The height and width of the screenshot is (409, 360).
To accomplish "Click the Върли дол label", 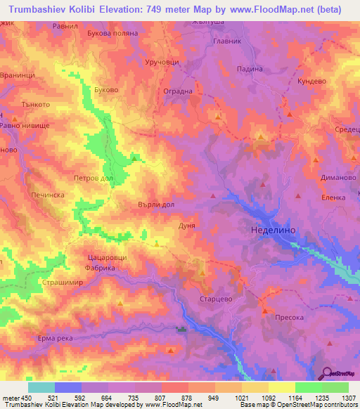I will [x=156, y=204].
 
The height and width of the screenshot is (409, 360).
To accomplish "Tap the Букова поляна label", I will [x=110, y=33].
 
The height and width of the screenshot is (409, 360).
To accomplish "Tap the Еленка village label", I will [x=333, y=197].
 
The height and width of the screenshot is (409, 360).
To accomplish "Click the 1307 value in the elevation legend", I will [x=347, y=397].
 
